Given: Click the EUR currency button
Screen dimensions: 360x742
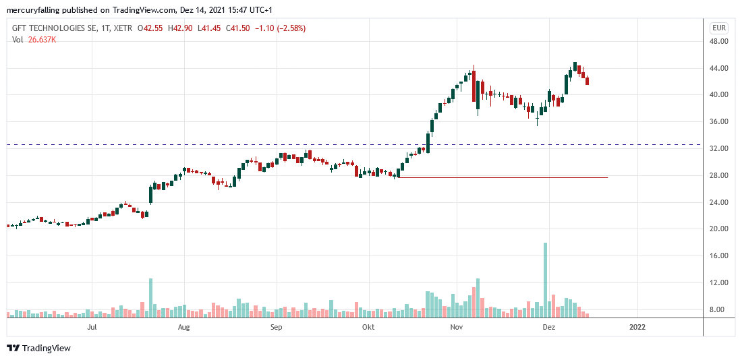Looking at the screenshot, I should (718, 28).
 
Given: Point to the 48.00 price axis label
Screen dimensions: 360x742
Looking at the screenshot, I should (719, 41).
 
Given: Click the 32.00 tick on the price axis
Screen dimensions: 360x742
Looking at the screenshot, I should (719, 148).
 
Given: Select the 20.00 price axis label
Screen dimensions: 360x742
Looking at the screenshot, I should (719, 229).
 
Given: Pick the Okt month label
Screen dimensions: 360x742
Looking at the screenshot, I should (368, 328).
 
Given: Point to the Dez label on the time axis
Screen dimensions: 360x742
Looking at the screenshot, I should (549, 328).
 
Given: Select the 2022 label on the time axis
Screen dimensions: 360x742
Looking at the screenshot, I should (637, 328).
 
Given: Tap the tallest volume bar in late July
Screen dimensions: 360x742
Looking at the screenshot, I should (151, 297).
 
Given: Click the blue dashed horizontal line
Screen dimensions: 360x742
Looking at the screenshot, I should (202, 144).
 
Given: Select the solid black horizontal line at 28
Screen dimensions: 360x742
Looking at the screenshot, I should (506, 177).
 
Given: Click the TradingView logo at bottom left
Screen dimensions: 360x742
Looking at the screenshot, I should (39, 349).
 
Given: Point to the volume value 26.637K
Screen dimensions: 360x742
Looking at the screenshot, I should (41, 40).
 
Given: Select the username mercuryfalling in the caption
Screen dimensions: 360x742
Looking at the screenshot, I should (32, 10).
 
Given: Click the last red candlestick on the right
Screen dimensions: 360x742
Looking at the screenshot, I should (588, 82).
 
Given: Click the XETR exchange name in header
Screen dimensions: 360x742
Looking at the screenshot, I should (121, 28).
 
